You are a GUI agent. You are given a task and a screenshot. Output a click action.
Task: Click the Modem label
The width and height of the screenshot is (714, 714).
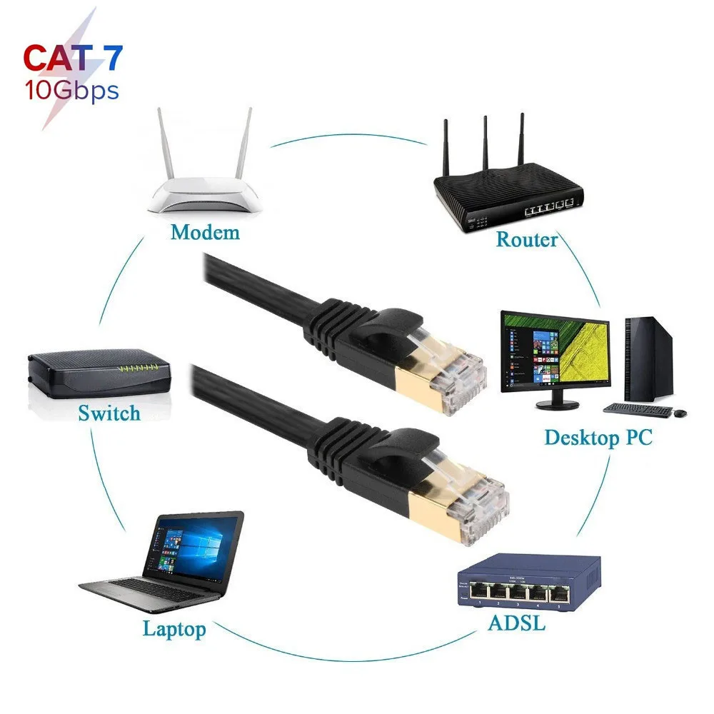205,232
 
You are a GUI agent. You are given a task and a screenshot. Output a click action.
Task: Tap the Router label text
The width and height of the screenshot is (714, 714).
527,239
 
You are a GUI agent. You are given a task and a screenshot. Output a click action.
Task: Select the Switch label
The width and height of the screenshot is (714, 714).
109,413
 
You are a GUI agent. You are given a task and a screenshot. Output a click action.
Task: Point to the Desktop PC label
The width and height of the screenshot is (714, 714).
598,437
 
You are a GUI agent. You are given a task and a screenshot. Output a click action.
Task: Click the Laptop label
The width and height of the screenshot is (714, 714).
174,628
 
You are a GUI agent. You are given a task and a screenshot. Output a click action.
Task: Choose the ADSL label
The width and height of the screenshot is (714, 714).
516,623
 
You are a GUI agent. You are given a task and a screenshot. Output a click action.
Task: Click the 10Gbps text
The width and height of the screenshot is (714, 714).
71,91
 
